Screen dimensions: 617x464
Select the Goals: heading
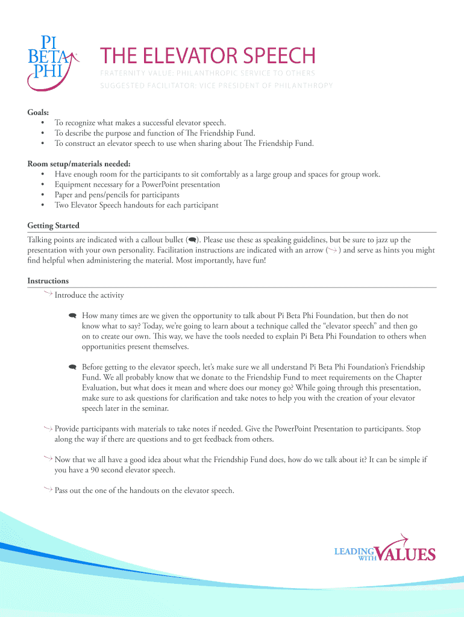click(39, 112)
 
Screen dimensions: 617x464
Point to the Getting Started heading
click(54, 225)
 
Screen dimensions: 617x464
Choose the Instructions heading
click(48, 281)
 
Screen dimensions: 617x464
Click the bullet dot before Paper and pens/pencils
click(43, 195)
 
